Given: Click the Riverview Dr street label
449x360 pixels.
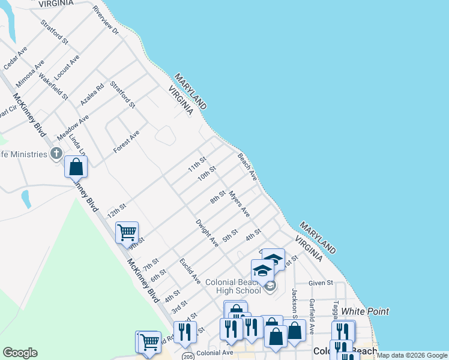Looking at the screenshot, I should [106, 20].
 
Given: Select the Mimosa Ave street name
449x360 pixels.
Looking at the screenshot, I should [31, 73].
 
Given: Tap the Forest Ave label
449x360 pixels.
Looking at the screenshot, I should [127, 141].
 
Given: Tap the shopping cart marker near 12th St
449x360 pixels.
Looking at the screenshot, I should [127, 232].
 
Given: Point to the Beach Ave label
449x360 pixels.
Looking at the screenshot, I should [247, 167].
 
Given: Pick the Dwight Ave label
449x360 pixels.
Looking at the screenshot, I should [207, 233].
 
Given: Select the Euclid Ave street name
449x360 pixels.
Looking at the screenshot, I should [190, 271].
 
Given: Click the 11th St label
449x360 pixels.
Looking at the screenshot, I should [197, 164].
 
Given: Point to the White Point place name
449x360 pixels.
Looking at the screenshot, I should [365, 311].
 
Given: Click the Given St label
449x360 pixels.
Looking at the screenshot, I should [321, 283].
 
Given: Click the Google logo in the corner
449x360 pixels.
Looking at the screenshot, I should [20, 353].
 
